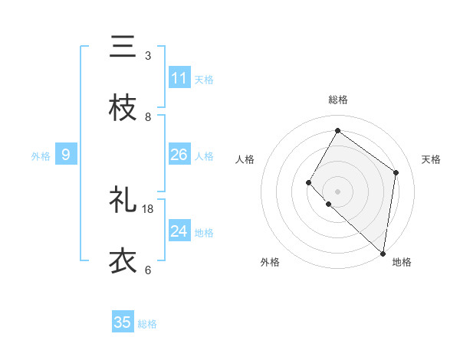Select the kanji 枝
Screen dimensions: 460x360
point(123,109)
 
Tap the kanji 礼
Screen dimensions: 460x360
point(123,201)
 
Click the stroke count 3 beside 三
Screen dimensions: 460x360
point(147,56)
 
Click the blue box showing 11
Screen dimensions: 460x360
point(179,78)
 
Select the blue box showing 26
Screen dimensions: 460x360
point(179,155)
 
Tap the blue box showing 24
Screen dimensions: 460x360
point(179,231)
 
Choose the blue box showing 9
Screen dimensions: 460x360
point(66,155)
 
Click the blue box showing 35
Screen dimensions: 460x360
point(123,322)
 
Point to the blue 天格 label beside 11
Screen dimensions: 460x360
point(204,79)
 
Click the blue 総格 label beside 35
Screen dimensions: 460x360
point(147,324)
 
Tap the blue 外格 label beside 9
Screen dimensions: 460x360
point(41,156)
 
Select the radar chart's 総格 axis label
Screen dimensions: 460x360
point(338,100)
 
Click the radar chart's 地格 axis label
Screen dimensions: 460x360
point(402,262)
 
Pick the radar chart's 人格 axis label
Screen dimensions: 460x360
point(245,159)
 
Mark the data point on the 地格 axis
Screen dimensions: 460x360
point(383,253)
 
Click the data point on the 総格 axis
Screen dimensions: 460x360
point(337,131)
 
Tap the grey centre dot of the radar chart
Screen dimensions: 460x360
point(337,190)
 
